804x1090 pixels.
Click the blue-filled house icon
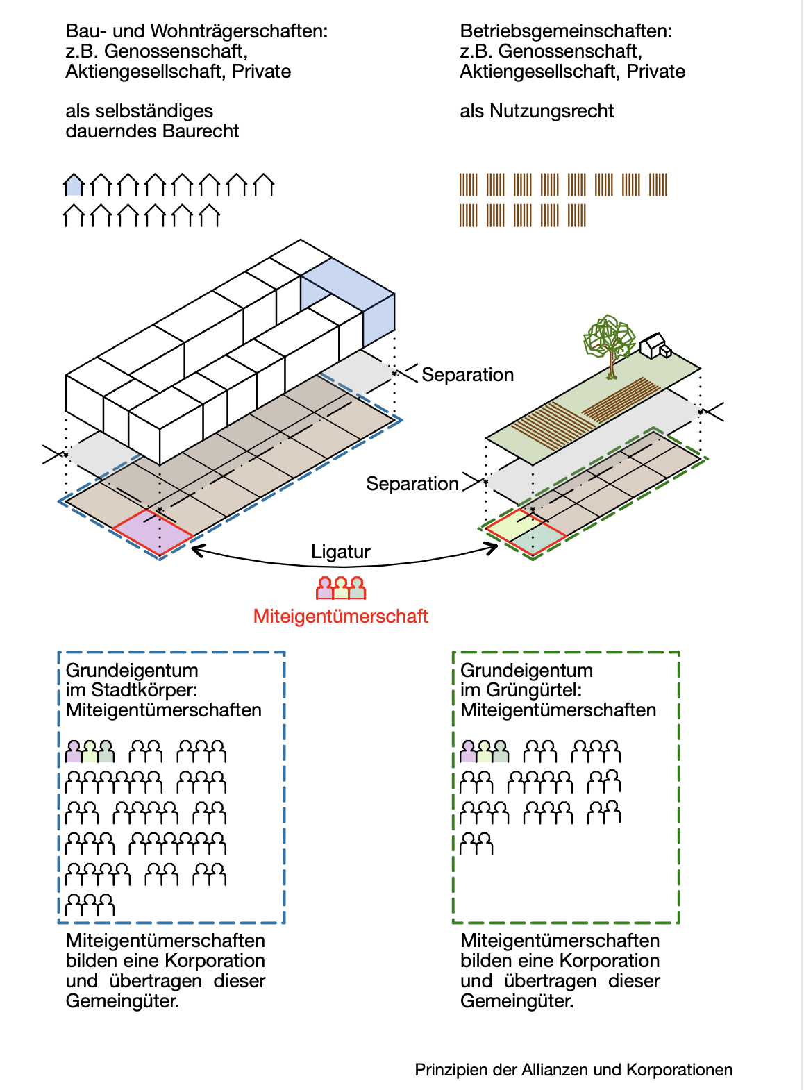click(x=74, y=185)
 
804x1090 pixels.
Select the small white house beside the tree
click(x=655, y=345)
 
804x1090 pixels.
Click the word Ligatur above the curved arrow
click(x=340, y=552)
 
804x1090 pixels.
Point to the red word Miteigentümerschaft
click(x=340, y=617)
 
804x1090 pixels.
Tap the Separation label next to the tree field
click(x=467, y=375)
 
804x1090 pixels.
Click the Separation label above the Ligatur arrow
click(x=412, y=484)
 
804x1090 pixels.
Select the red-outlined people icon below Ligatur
click(x=340, y=588)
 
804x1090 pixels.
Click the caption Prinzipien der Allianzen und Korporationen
click(x=573, y=1070)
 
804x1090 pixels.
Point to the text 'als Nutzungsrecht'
click(x=537, y=111)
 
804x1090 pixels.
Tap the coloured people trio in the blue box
click(x=90, y=751)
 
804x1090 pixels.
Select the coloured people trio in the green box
click(x=484, y=751)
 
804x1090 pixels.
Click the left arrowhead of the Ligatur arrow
click(x=196, y=551)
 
